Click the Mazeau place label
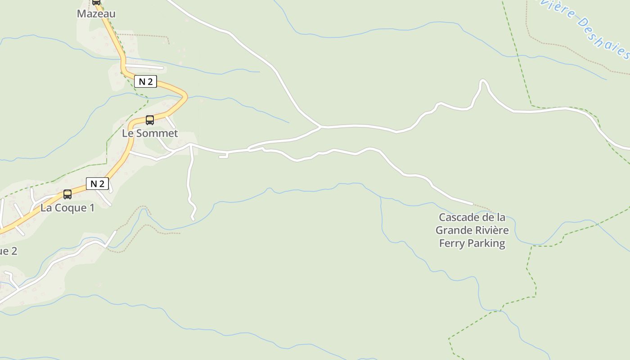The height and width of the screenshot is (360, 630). (96, 13)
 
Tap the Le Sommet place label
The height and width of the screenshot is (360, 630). (150, 133)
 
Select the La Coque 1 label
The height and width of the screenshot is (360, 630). (67, 208)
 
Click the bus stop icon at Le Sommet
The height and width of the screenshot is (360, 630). (150, 120)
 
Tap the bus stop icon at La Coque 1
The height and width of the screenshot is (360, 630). (67, 194)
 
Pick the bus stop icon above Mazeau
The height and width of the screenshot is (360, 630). (96, 2)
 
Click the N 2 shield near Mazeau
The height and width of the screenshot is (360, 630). (145, 81)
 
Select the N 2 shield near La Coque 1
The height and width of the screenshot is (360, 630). (97, 184)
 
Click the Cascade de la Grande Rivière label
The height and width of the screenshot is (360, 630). (472, 224)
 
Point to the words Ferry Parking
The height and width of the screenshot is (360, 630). (472, 243)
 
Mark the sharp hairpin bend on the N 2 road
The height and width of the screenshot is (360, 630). (184, 95)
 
